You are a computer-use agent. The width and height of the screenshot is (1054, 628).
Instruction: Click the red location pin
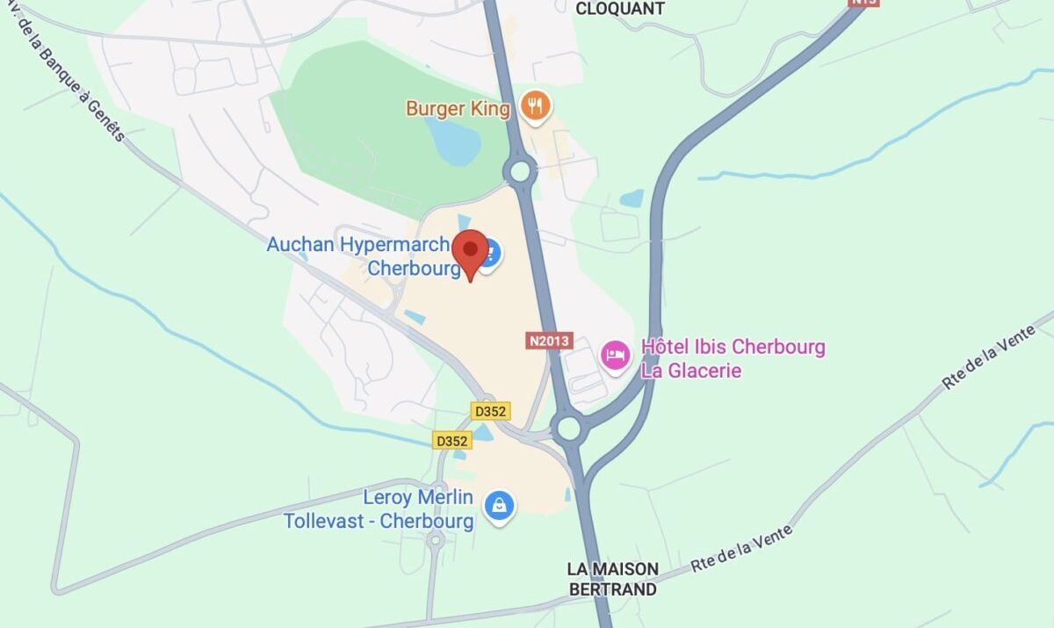point(470,251)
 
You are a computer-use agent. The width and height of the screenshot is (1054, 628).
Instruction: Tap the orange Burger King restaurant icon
point(534,106)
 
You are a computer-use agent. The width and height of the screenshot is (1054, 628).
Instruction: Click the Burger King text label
point(457,109)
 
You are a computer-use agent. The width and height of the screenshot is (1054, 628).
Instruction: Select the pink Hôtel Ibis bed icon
point(615,356)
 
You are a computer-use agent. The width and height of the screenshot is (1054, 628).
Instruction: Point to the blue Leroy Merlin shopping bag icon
point(499,505)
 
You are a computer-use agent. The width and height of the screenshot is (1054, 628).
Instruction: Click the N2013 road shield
point(549,340)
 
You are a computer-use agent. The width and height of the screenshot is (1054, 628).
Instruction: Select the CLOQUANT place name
point(619,9)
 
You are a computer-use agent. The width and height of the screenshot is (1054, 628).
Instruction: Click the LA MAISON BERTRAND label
point(612,579)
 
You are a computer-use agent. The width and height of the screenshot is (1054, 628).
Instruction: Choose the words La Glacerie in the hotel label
point(691,371)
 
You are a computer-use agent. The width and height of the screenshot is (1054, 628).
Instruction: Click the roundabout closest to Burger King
point(521,170)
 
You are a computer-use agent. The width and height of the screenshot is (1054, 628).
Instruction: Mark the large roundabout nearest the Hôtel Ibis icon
point(569,429)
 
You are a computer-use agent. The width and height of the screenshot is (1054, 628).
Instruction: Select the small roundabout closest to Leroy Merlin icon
point(435,539)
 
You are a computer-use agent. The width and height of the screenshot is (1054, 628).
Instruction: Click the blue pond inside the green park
point(454,141)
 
